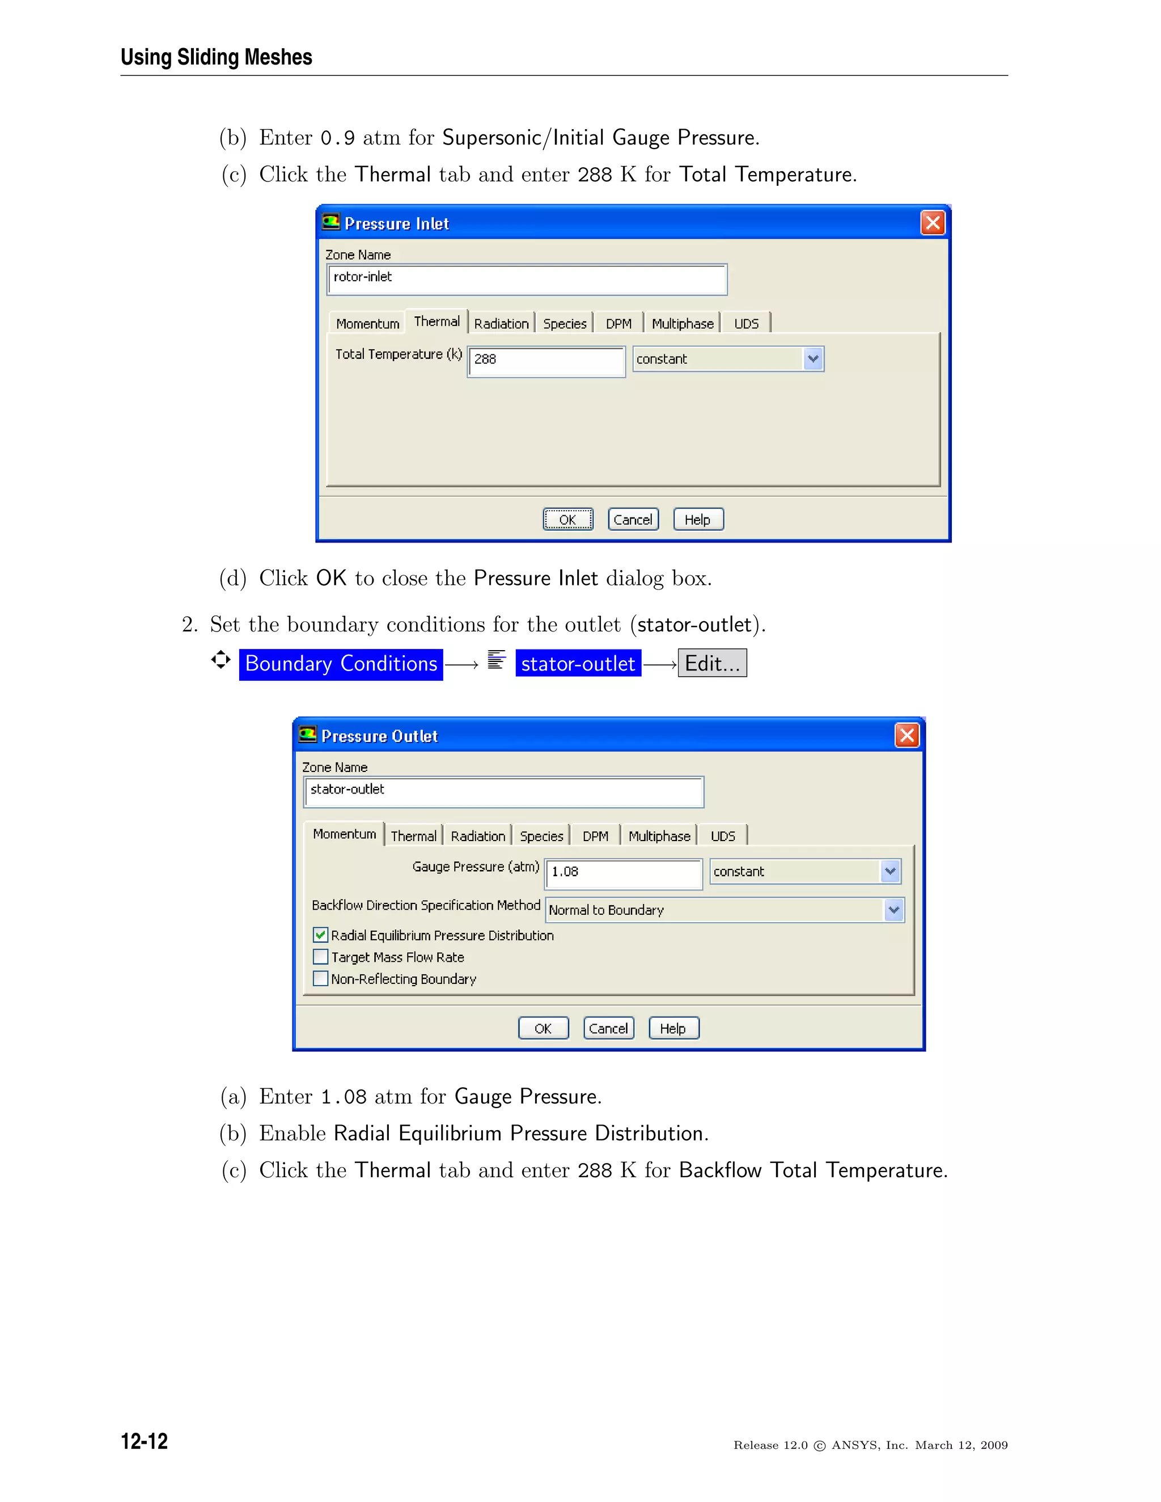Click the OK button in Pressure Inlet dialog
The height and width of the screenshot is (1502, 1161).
pyautogui.click(x=567, y=519)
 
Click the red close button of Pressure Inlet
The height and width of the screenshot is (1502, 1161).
pyautogui.click(x=932, y=223)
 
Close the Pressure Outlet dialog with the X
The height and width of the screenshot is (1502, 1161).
pyautogui.click(x=906, y=735)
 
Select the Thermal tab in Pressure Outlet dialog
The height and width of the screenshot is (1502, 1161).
pyautogui.click(x=413, y=835)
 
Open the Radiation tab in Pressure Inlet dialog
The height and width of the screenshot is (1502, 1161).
pyautogui.click(x=501, y=323)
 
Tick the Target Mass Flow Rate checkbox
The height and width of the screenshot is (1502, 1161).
pyautogui.click(x=320, y=957)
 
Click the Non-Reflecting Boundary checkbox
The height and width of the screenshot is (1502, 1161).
pyautogui.click(x=320, y=979)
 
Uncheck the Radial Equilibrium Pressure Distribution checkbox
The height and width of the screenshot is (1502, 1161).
pyautogui.click(x=320, y=935)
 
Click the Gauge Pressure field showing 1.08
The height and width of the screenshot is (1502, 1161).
pyautogui.click(x=623, y=872)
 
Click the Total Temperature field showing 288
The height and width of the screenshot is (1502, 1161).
pyautogui.click(x=546, y=360)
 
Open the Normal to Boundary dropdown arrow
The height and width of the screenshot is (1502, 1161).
pyautogui.click(x=893, y=910)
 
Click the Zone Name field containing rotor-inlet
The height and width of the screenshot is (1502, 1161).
pyautogui.click(x=527, y=278)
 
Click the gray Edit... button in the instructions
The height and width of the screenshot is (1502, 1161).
pyautogui.click(x=712, y=663)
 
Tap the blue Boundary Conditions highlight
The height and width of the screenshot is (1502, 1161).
pyautogui.click(x=341, y=664)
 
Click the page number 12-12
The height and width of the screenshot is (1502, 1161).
pyautogui.click(x=145, y=1440)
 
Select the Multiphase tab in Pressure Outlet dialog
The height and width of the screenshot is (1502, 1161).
pyautogui.click(x=659, y=835)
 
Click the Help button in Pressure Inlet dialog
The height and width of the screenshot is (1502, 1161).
pyautogui.click(x=697, y=519)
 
